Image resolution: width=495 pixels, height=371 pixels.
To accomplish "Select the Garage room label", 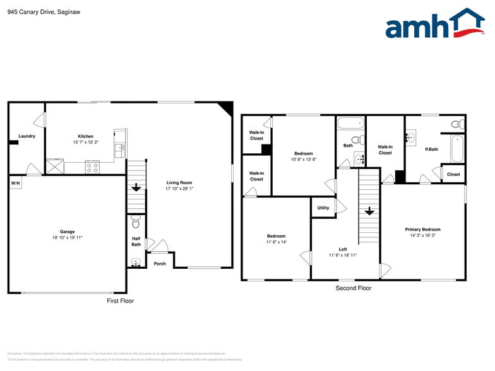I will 68,232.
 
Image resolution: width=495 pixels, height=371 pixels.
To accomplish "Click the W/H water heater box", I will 15,183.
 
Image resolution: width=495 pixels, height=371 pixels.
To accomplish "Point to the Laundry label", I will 27,136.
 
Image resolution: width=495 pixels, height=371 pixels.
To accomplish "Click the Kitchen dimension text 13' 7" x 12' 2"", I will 85,143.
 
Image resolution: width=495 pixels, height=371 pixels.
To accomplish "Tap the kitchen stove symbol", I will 92,167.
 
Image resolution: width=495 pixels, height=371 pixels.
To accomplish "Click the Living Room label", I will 179,183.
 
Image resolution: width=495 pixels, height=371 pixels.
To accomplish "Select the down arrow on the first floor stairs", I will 136,187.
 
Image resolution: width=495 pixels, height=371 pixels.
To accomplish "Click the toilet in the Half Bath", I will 136,223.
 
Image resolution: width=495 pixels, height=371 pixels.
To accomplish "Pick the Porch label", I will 160,263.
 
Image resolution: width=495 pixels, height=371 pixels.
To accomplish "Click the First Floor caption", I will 120,301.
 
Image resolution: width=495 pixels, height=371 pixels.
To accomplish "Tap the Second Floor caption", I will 353,288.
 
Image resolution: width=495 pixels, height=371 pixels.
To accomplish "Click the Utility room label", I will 323,208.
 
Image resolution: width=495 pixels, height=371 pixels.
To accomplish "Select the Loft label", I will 343,249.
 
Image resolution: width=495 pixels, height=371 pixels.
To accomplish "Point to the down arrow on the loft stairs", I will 369,211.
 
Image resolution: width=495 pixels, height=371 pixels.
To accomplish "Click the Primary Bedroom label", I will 422,230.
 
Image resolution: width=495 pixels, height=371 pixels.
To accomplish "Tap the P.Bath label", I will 432,149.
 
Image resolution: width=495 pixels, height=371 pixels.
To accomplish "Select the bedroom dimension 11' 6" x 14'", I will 276,242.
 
